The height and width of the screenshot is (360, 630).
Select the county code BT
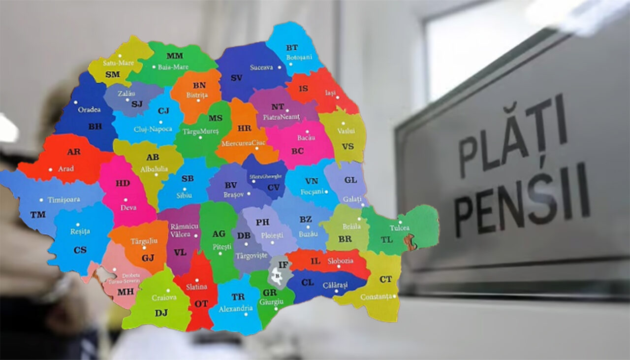[292, 48]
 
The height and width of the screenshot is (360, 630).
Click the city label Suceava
[261, 67]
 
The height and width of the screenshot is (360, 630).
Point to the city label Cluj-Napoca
[153, 129]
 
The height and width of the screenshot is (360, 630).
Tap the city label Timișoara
[63, 200]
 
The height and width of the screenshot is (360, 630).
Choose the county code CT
[386, 279]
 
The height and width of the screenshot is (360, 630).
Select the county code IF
[283, 265]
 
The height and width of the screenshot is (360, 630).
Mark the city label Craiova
[164, 297]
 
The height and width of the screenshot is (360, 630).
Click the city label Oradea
[89, 109]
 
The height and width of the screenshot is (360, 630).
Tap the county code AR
[74, 152]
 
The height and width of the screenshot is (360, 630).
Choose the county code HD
[123, 183]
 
